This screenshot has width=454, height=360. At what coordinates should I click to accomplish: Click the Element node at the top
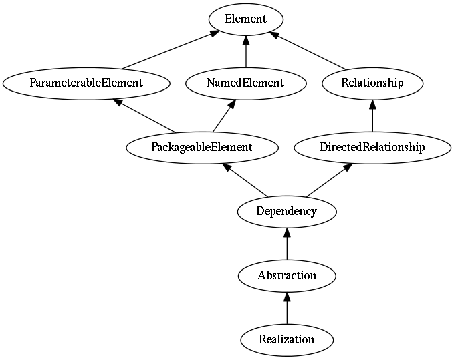(246, 19)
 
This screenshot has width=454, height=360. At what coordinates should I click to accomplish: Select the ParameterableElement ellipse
(86, 83)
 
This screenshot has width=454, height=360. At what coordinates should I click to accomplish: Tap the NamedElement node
(246, 83)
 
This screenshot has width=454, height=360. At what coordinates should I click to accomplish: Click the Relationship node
(372, 83)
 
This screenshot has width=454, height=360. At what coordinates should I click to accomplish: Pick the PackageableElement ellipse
(202, 148)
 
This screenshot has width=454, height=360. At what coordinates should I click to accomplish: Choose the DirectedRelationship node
(372, 148)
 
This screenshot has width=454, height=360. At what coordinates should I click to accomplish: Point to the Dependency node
(287, 212)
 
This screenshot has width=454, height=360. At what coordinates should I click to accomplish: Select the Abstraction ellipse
(287, 276)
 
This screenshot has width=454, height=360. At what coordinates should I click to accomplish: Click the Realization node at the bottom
(287, 340)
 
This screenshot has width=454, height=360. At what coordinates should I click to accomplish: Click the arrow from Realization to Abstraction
(287, 308)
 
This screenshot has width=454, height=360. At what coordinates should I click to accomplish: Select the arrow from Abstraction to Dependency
(287, 244)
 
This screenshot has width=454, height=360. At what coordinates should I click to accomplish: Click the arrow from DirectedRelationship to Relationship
(372, 116)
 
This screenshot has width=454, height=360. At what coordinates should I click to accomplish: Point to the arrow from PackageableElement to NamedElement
(224, 116)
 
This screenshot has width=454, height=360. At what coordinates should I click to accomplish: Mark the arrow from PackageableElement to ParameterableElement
(144, 116)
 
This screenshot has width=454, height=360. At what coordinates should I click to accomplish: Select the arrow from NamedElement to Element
(246, 51)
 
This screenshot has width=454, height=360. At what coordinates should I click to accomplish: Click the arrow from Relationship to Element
(308, 51)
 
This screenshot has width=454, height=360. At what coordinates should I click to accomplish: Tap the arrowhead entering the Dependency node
(287, 232)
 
